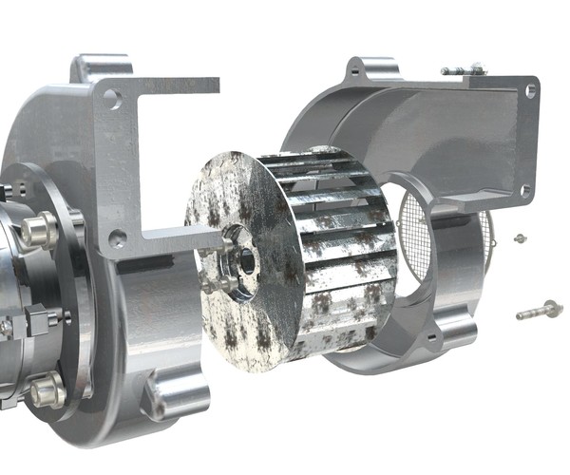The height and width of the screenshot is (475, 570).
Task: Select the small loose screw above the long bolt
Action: (520, 237)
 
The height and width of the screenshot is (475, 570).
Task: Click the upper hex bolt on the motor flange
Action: (40, 228)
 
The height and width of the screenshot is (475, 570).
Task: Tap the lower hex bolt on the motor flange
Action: (44, 389)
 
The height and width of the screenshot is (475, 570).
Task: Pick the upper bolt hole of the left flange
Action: (112, 98)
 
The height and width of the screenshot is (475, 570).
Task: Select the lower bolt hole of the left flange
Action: (117, 238)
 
